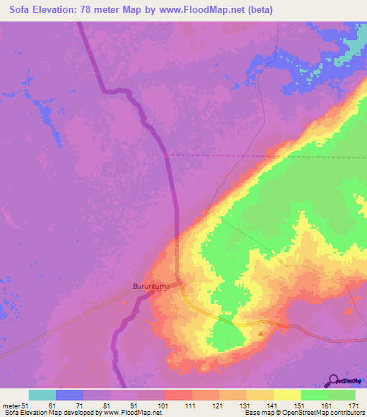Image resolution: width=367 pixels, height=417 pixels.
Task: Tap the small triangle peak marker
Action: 261,333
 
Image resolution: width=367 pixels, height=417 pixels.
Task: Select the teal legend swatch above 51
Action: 42,395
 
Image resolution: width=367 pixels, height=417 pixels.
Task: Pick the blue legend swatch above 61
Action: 70,395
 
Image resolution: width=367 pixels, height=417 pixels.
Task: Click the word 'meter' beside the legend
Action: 11,406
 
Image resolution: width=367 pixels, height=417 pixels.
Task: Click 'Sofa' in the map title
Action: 22,10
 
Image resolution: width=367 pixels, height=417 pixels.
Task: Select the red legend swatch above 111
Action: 178,395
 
